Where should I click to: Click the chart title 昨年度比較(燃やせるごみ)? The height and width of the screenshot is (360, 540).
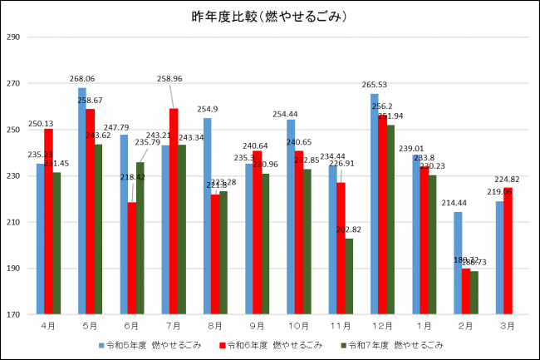[x=270, y=17]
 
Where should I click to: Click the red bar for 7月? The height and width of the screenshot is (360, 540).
[x=174, y=211]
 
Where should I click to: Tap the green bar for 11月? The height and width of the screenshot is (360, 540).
[x=349, y=276]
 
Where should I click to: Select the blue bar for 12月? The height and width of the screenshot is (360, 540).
[x=374, y=204]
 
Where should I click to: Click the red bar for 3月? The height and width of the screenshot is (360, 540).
[x=508, y=251]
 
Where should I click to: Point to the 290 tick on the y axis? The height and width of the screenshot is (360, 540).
[x=12, y=37]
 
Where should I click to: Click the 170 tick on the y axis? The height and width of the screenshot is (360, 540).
[x=12, y=315]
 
